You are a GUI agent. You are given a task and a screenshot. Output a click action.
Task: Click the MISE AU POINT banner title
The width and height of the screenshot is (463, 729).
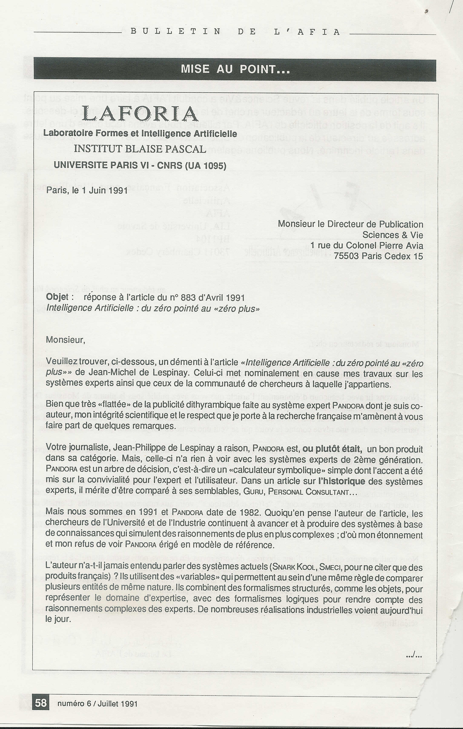coord(235,69)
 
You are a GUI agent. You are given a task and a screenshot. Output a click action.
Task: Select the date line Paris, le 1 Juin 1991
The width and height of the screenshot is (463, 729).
coord(87,191)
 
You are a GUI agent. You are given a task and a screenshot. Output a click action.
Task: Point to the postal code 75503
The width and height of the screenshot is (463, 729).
coord(347,256)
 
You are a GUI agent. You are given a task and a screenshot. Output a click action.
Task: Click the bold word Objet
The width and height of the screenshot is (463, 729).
coord(57,297)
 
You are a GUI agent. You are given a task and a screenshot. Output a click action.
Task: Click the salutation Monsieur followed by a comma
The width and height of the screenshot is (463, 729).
coord(65,340)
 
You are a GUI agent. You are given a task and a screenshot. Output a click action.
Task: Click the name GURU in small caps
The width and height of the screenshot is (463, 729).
coord(252,492)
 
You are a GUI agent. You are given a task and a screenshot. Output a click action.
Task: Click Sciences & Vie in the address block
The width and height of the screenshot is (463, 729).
coord(393,235)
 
